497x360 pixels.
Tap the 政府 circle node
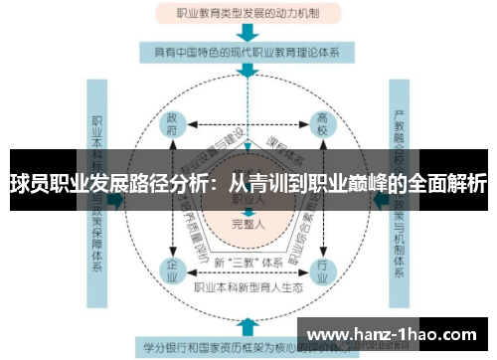174,125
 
